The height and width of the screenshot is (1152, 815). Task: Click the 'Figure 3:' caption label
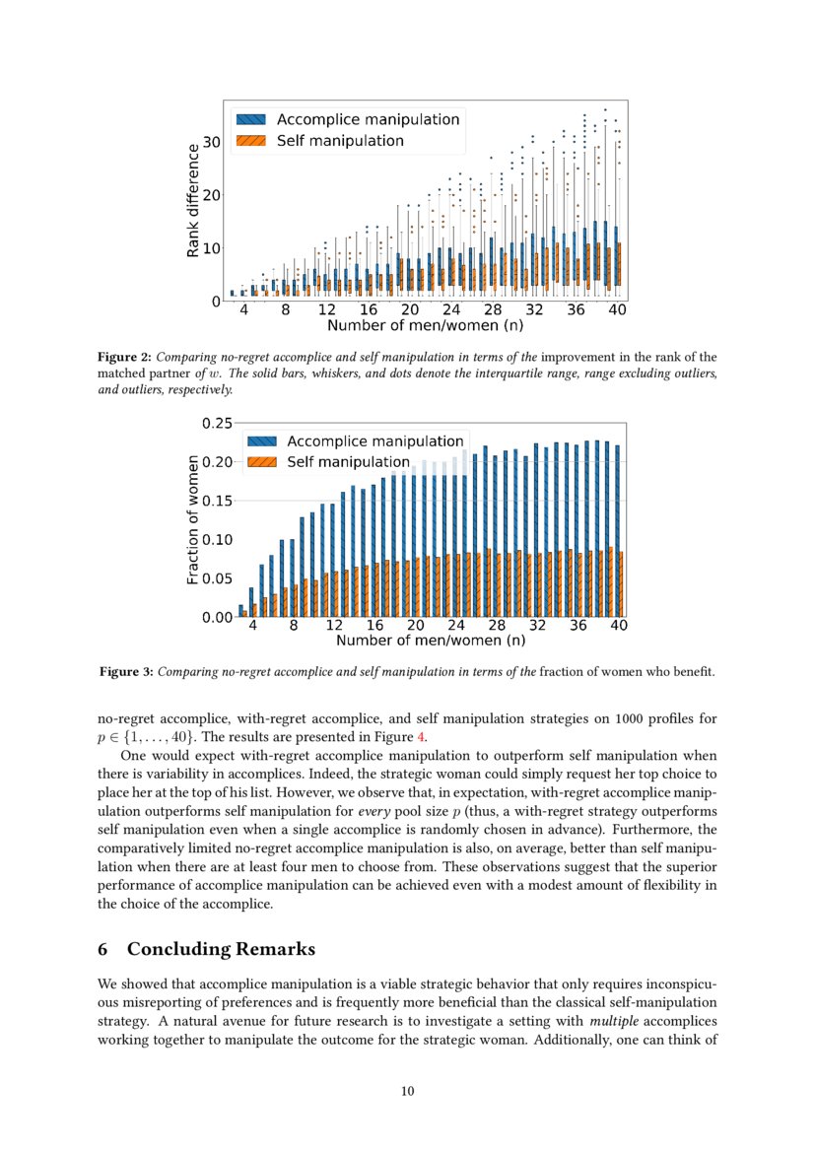[x=125, y=672]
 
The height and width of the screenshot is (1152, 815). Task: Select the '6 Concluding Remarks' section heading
[x=207, y=949]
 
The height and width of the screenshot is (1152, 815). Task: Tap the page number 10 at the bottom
[x=407, y=1090]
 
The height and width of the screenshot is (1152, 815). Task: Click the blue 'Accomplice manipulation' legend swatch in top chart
[x=249, y=119]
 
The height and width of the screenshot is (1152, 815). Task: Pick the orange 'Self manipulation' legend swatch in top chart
[x=249, y=141]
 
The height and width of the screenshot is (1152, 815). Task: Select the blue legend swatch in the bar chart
[x=262, y=441]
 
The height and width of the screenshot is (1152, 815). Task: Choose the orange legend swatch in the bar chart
[x=262, y=462]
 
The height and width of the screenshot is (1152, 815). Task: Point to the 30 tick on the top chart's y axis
[x=210, y=142]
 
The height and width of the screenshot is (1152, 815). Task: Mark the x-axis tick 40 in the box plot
[x=618, y=309]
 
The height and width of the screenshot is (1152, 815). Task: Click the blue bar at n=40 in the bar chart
[x=618, y=531]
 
